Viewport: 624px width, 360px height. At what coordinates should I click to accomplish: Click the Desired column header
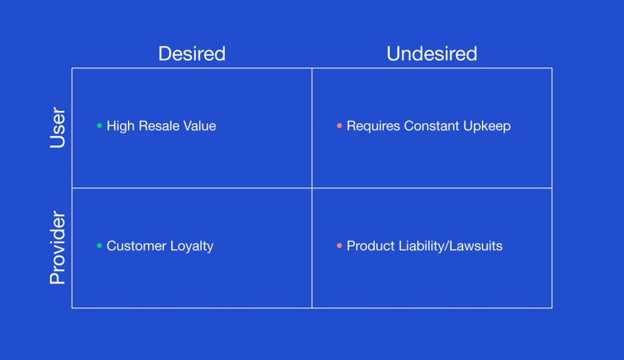click(192, 54)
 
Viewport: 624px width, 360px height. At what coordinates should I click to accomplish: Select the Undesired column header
click(432, 54)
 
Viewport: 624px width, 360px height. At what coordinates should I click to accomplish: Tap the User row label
click(57, 128)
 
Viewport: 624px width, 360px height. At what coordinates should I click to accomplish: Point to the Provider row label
click(57, 247)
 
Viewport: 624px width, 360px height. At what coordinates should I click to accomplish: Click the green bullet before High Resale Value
click(99, 125)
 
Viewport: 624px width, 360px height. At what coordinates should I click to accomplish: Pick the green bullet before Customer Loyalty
click(99, 246)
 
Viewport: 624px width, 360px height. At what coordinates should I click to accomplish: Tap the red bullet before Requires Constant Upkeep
click(339, 125)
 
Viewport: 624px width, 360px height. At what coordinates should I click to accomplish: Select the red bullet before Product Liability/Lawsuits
click(339, 246)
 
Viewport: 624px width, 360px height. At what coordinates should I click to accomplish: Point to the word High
click(121, 127)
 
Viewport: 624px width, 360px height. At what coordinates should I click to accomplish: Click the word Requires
click(374, 127)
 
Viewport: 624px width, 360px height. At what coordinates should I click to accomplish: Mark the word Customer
click(136, 246)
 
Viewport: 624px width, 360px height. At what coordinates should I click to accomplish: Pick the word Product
click(370, 246)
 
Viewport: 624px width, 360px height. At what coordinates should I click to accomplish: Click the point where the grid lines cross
click(312, 188)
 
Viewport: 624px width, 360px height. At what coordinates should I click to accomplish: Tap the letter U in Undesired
click(393, 54)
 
